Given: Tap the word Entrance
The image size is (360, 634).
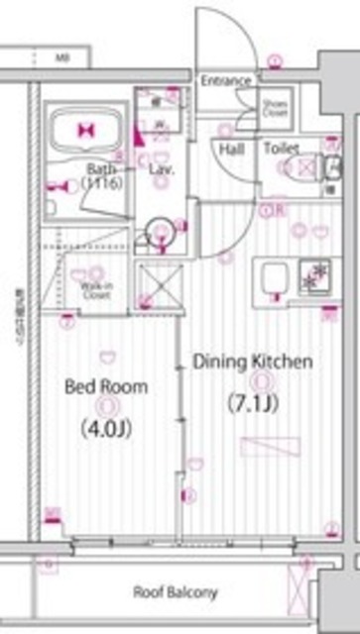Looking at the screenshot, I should [226, 81].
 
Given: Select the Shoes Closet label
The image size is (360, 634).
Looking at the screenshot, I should [274, 107].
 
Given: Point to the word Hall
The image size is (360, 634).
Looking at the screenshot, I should [230, 150].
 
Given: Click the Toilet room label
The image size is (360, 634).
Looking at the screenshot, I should [281, 150].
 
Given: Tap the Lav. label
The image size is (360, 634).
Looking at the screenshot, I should [162, 169].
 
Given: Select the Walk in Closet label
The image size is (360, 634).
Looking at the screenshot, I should [95, 288].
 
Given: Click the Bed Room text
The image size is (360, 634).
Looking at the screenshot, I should [106, 386].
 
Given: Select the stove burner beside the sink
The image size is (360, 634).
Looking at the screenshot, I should [318, 276].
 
